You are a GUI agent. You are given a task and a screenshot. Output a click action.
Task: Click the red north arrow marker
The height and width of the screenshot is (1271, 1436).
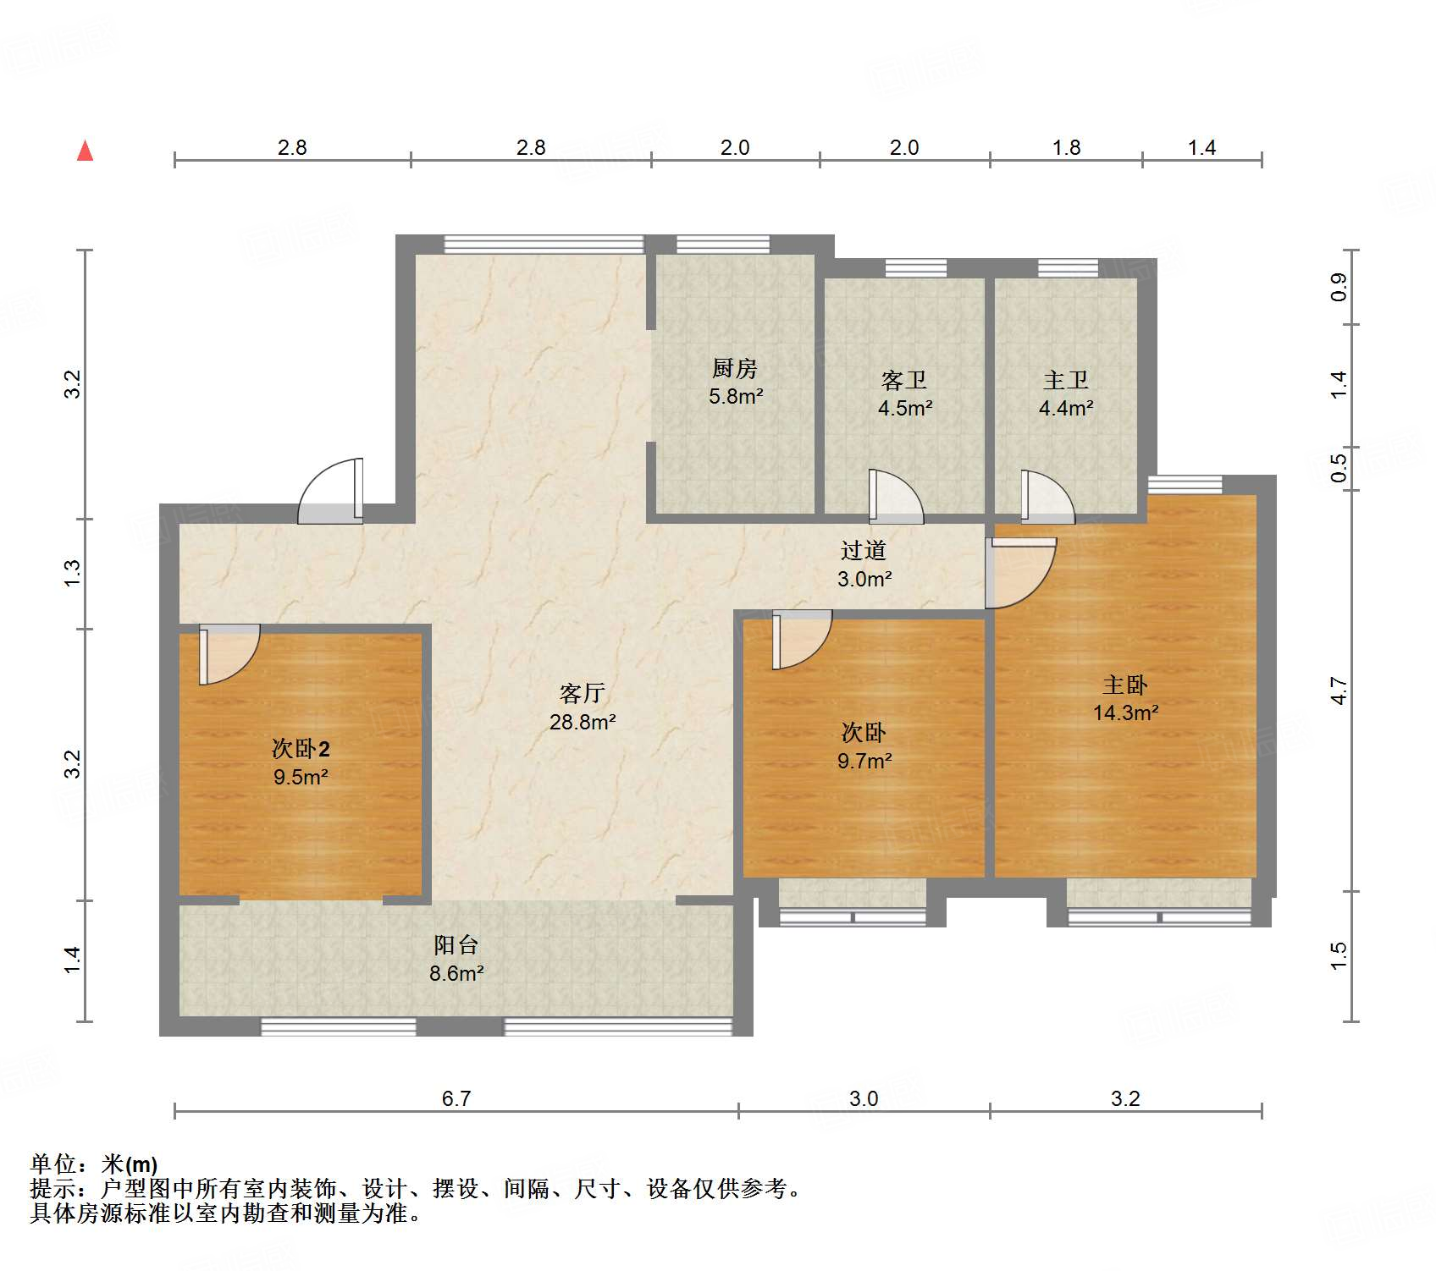click(85, 151)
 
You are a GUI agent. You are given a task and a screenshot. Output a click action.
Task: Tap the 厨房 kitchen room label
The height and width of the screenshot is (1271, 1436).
click(734, 368)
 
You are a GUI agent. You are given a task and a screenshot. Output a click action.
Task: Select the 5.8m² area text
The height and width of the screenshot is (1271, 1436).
click(735, 396)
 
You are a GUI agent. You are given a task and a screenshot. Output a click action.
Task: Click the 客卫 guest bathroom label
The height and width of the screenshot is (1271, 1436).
click(903, 380)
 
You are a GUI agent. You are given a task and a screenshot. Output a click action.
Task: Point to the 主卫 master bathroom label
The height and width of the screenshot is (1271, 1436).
click(1065, 380)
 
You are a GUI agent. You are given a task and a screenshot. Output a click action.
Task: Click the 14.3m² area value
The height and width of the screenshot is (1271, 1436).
click(1124, 713)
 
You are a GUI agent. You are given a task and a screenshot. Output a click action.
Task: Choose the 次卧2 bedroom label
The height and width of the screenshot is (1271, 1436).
click(301, 748)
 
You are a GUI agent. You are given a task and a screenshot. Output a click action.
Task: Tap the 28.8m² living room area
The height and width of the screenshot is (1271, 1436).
click(582, 723)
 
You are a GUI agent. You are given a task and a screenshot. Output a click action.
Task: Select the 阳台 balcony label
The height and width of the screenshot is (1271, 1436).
click(456, 945)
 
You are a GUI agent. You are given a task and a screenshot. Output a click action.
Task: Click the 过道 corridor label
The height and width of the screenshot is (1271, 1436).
click(863, 551)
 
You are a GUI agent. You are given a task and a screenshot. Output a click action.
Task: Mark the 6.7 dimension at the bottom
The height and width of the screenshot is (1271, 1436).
click(456, 1098)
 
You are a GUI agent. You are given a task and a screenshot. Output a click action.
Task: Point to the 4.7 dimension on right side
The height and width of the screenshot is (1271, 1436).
click(1339, 691)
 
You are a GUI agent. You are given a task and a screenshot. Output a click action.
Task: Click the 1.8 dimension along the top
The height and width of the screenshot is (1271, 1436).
click(1066, 147)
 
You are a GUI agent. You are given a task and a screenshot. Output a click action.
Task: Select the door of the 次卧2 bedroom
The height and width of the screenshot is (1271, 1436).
click(227, 652)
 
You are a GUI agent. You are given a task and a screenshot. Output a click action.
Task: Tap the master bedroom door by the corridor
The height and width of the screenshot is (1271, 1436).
click(1019, 570)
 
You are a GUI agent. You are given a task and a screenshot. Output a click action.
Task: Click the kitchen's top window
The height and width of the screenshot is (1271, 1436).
click(723, 245)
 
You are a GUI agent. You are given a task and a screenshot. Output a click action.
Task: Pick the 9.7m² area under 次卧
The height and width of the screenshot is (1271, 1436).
click(864, 762)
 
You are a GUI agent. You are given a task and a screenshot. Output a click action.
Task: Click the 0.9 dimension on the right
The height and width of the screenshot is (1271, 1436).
click(1339, 287)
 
